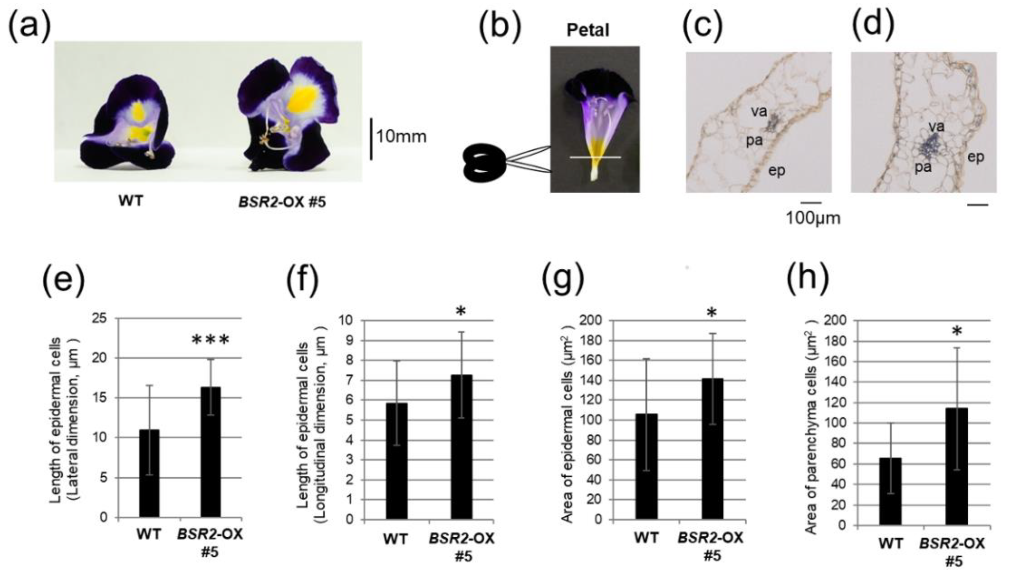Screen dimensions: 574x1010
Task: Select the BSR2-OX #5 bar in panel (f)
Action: coord(462,447)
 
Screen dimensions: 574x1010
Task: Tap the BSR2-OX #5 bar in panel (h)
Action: coord(956,466)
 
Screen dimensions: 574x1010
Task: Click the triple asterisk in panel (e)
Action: coord(210,340)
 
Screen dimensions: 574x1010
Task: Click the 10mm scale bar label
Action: coord(401,137)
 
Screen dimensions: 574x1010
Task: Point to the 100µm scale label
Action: coord(813,218)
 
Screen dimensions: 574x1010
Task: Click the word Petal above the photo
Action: coord(588,30)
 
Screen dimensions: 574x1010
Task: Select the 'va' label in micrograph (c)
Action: coord(759,112)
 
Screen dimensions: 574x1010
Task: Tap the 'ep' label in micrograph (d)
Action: coord(976,157)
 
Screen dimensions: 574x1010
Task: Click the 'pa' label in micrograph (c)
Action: coord(754,141)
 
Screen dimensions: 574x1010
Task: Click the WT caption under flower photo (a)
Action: coord(131,201)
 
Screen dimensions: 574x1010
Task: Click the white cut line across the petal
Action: coord(595,157)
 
